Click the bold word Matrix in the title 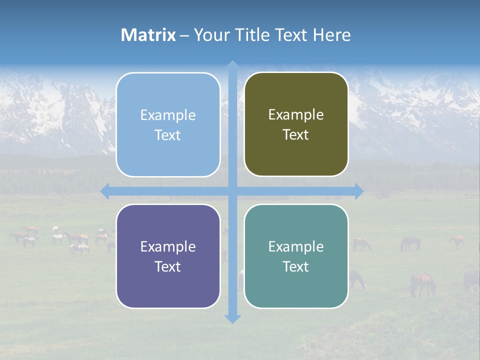click(x=148, y=35)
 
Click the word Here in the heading click(x=332, y=35)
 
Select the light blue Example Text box click(x=168, y=125)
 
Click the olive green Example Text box click(x=296, y=124)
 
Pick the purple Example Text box click(x=168, y=256)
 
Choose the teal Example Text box click(x=296, y=256)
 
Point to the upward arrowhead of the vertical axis click(x=232, y=65)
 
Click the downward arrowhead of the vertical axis click(x=232, y=318)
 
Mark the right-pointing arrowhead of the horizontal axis click(x=358, y=191)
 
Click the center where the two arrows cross click(x=232, y=191)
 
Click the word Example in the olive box click(x=296, y=115)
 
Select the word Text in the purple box click(x=168, y=266)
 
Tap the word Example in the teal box click(x=296, y=246)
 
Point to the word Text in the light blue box click(x=168, y=135)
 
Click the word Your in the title click(x=211, y=35)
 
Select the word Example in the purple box click(x=168, y=246)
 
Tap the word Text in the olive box click(x=296, y=135)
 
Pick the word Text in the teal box click(x=296, y=266)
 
